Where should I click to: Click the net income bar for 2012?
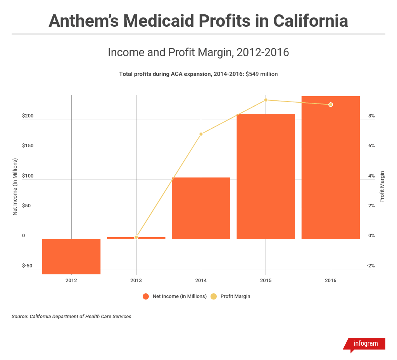click(71, 256)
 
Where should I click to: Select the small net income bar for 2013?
click(136, 238)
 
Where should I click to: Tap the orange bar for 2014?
click(201, 208)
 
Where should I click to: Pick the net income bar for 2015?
click(266, 176)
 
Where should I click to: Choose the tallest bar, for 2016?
click(330, 167)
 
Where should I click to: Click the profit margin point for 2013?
click(136, 237)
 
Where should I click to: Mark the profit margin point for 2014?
click(201, 134)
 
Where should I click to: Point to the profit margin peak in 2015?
click(266, 100)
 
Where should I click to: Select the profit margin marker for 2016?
click(330, 105)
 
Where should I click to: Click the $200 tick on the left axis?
click(28, 116)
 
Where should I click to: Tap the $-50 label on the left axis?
click(27, 266)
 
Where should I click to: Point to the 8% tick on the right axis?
click(371, 116)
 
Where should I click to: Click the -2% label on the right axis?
click(370, 266)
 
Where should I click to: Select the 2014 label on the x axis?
click(201, 280)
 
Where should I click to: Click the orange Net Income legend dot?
click(146, 296)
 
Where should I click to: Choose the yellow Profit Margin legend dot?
click(214, 296)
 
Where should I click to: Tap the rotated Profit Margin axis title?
click(382, 186)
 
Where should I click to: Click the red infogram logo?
click(365, 344)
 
